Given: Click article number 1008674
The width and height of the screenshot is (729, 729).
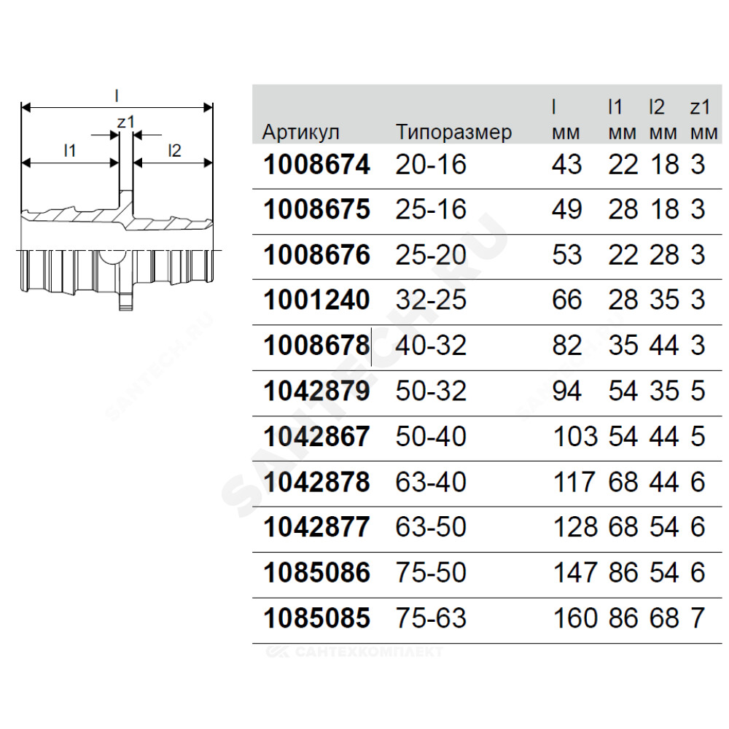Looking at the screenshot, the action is coord(316,165).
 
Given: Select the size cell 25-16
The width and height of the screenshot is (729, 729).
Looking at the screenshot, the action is coord(431,209).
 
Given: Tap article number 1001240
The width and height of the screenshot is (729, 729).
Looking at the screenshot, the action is coord(316,300).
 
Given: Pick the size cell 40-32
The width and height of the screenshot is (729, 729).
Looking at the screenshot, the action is coord(431,345).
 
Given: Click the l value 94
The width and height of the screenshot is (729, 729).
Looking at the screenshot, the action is coord(566,391).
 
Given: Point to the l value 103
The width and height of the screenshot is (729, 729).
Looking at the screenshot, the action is coord(575,436).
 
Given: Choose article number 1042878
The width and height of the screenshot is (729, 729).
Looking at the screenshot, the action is coord(316,482).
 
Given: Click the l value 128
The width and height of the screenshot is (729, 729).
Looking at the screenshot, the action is coord(575,527).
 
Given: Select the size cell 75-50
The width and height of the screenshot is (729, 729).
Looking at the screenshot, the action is coord(431,572).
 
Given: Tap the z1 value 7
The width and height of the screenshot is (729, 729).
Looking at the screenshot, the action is coord(698,618).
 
